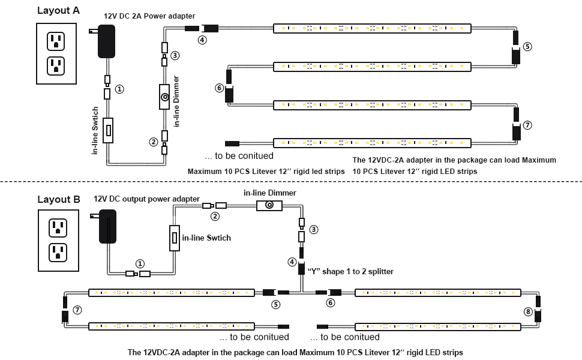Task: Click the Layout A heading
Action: (58, 10)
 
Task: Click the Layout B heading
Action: (59, 199)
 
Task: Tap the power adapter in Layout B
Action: (107, 226)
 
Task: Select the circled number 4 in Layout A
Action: (202, 40)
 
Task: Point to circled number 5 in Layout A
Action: (527, 46)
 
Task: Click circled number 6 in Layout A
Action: (219, 88)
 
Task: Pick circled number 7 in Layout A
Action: (527, 125)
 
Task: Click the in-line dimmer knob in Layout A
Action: (164, 97)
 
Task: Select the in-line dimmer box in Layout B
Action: (270, 205)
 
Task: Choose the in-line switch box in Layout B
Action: (175, 238)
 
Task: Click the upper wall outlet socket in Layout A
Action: (56, 41)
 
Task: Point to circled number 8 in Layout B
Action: (527, 311)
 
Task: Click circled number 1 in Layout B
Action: (140, 263)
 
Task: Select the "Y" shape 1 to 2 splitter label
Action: (350, 271)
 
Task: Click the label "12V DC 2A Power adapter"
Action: (149, 16)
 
